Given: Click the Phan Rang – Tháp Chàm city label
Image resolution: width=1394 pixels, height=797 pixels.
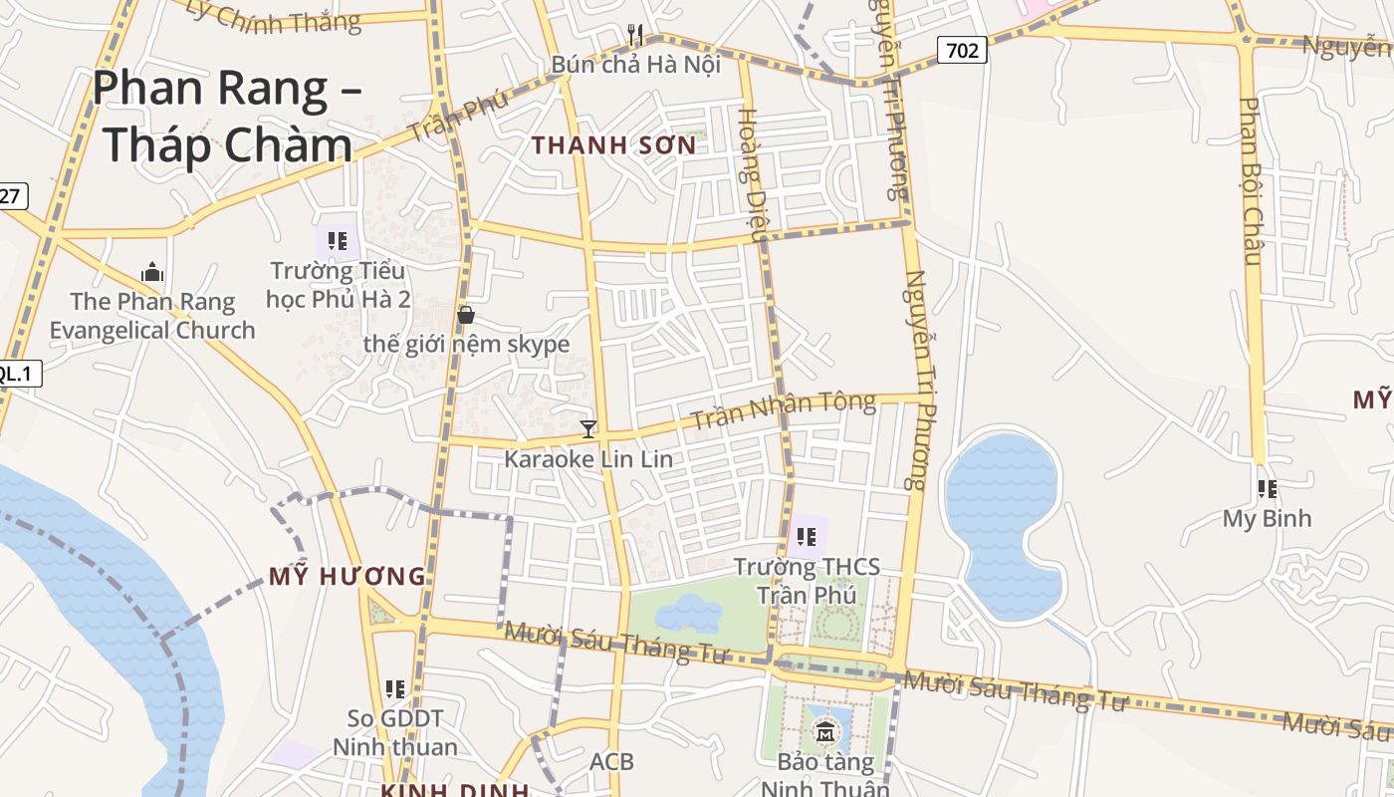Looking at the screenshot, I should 227,117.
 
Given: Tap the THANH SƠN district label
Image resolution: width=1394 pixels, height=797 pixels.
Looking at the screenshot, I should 613,145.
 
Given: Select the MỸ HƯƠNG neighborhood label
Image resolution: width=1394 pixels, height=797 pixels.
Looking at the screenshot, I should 347,576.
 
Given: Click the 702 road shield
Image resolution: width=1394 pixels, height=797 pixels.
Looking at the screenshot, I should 962,50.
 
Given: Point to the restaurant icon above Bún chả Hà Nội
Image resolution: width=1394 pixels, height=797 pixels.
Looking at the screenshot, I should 635,36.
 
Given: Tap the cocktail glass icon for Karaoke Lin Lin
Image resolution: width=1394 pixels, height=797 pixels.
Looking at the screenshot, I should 588,429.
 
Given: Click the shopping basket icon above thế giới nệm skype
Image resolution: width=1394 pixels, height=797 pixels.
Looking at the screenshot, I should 465,315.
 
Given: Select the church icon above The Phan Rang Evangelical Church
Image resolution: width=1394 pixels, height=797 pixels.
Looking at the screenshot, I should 152,272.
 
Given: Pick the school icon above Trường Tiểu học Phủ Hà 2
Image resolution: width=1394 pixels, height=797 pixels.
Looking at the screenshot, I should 338,241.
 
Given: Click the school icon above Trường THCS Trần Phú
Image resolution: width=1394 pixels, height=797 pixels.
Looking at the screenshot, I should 807,538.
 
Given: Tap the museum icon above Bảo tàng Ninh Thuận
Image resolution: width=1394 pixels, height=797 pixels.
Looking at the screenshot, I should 825,733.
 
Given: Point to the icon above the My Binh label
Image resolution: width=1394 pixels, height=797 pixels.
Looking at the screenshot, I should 1267,489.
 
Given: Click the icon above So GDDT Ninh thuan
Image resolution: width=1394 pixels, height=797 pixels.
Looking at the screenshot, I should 395,688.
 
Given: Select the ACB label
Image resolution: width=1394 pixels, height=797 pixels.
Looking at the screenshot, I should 611,762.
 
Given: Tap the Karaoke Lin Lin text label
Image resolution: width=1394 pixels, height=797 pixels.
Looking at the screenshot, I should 588,459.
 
